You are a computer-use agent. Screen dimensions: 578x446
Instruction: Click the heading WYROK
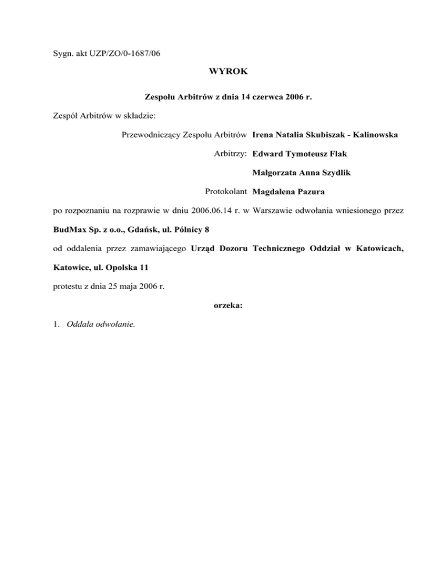[227, 72]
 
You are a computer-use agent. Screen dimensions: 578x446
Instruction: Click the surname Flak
[347, 154]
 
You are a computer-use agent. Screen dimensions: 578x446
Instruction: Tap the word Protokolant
[226, 191]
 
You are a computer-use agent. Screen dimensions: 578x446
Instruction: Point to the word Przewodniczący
[149, 135]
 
